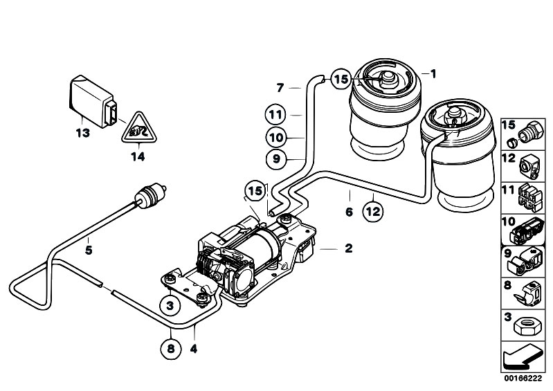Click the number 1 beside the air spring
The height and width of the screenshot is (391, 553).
pos(433,73)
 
